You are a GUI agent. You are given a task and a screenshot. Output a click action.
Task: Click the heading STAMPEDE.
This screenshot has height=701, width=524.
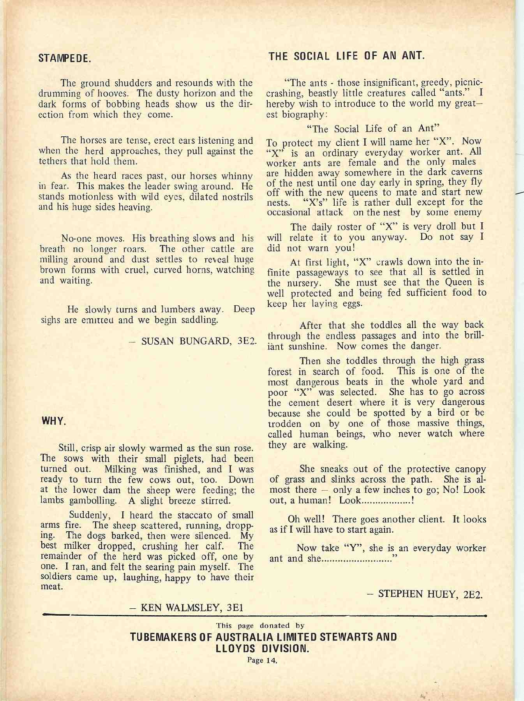click(x=65, y=59)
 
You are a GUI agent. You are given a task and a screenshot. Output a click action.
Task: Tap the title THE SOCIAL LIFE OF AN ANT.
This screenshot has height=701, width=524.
click(x=346, y=56)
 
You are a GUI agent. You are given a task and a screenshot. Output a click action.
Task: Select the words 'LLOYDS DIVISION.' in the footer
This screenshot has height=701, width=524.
click(x=262, y=649)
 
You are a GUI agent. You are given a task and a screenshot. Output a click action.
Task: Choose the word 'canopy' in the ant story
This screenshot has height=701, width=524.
click(x=469, y=469)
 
